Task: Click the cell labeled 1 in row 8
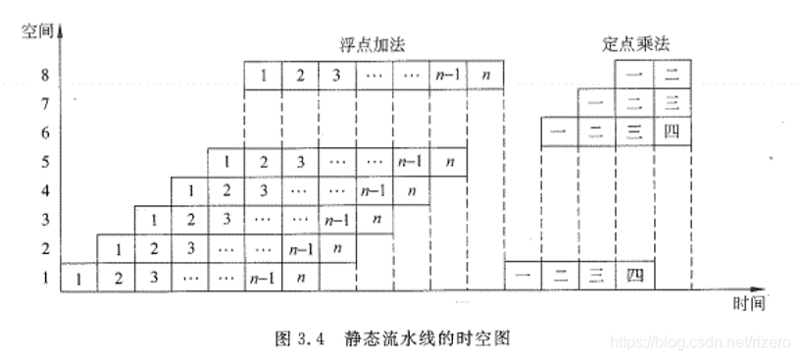click(263, 75)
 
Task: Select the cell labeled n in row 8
click(485, 75)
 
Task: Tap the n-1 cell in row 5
click(410, 161)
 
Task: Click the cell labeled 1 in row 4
click(189, 190)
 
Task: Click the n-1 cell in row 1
click(263, 278)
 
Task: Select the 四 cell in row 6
click(672, 131)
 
